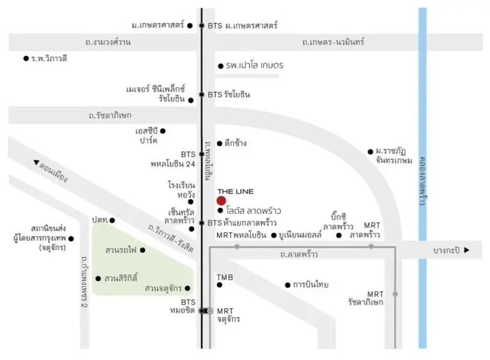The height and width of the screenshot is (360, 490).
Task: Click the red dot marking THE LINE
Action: [221, 200]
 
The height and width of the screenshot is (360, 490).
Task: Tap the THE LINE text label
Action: [235, 191]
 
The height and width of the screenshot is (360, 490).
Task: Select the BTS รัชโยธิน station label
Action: [229, 94]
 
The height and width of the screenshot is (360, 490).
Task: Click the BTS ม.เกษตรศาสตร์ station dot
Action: [202, 26]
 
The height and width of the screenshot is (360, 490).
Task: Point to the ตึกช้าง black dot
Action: [219, 144]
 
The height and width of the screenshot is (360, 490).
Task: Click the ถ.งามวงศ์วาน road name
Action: [108, 42]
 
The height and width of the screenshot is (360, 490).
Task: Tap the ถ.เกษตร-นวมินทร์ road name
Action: [333, 42]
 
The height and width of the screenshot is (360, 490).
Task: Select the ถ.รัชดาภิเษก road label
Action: [110, 115]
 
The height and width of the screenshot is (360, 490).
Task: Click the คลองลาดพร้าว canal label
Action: [423, 181]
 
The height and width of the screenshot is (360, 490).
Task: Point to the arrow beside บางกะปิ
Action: [466, 250]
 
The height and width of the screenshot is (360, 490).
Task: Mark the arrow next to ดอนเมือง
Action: [36, 162]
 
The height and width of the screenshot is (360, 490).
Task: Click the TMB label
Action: [225, 277]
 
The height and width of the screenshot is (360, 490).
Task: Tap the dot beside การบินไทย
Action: [288, 285]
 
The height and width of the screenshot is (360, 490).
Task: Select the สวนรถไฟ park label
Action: [121, 250]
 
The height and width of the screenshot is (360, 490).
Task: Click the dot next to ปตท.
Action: [112, 220]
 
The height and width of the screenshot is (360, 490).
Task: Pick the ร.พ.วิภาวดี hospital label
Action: [49, 59]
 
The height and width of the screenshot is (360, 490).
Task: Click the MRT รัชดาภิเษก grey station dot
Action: [396, 294]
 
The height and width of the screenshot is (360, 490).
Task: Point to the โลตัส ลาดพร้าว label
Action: [253, 211]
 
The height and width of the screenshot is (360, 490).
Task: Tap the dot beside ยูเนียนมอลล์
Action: [274, 236]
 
